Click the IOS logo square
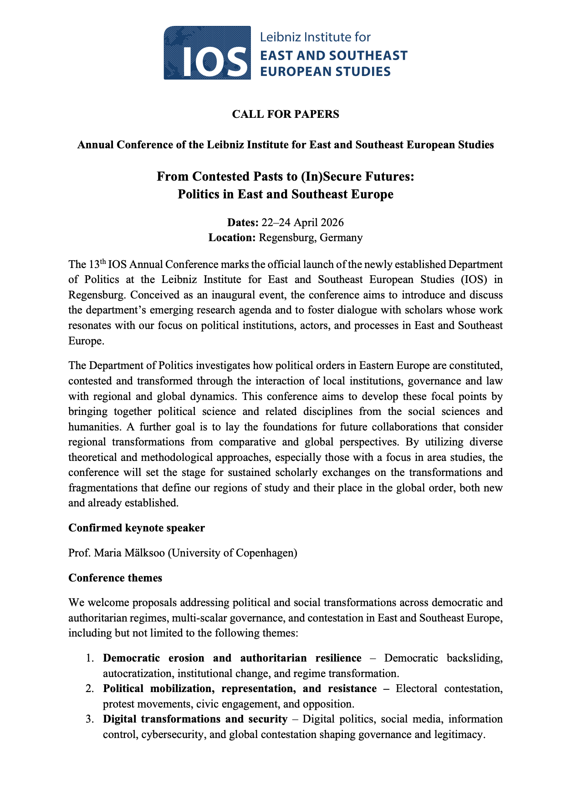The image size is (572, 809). point(207,52)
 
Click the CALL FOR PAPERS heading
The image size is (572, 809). point(286,114)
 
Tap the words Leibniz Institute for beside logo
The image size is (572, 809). point(315,37)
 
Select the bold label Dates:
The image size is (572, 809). point(243,222)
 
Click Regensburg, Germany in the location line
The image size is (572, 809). point(311,238)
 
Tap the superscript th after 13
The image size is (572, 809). point(103,262)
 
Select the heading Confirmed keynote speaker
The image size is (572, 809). point(137,528)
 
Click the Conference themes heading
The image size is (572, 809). point(115,578)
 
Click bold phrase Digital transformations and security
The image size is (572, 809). point(195,719)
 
